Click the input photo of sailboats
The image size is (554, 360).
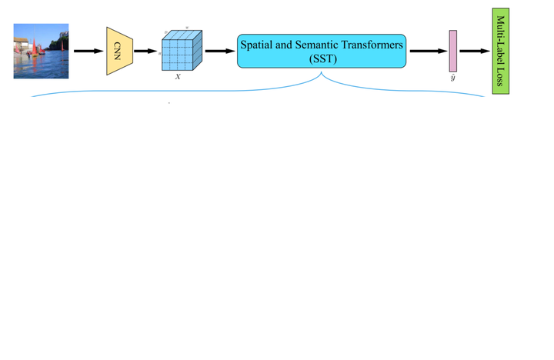click(x=41, y=51)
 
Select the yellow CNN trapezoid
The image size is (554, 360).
click(x=119, y=52)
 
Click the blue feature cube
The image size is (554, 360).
click(x=181, y=52)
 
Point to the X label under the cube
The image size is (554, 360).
click(x=178, y=77)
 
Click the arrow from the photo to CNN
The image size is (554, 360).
click(x=88, y=52)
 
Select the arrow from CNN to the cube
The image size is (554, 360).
click(x=145, y=52)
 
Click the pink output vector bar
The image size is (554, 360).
click(x=453, y=52)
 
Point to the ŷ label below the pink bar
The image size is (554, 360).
click(x=453, y=78)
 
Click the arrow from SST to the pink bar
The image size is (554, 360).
click(x=427, y=52)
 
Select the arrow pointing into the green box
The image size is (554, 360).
click(x=475, y=52)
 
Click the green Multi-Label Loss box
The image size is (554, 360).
click(x=501, y=51)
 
